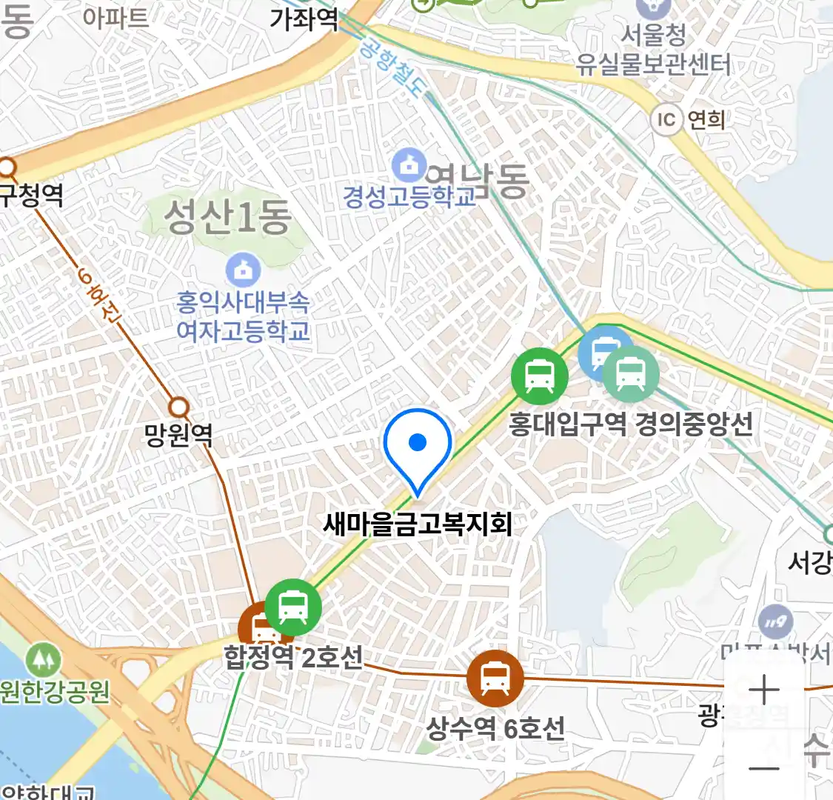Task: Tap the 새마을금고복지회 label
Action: [418, 524]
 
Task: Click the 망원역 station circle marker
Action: [178, 407]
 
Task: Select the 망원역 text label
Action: [178, 435]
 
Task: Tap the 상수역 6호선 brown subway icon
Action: [495, 678]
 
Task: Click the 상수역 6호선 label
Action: [495, 728]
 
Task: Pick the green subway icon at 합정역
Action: [293, 607]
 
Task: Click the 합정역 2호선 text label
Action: [293, 657]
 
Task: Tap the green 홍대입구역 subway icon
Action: [540, 376]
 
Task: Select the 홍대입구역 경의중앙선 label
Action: [630, 424]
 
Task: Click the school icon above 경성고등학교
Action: [409, 165]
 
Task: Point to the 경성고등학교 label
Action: [409, 197]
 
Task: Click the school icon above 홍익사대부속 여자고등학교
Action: [243, 270]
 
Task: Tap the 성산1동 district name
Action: [227, 217]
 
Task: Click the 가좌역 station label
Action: [304, 19]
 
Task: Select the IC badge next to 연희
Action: [666, 119]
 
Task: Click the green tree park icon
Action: [43, 659]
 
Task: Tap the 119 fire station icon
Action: [775, 622]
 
